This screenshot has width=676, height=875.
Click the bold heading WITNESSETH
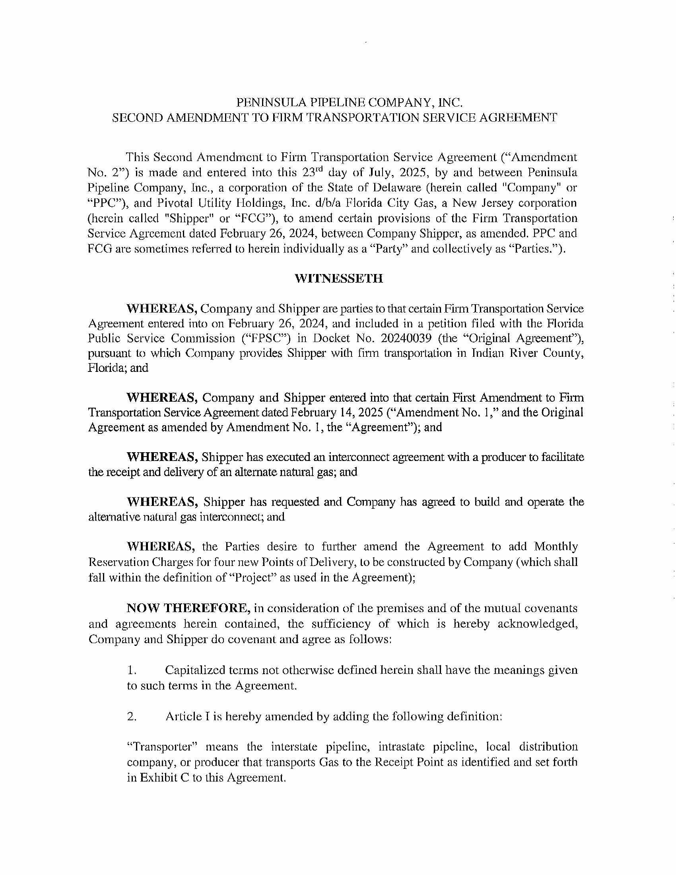click(338, 278)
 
